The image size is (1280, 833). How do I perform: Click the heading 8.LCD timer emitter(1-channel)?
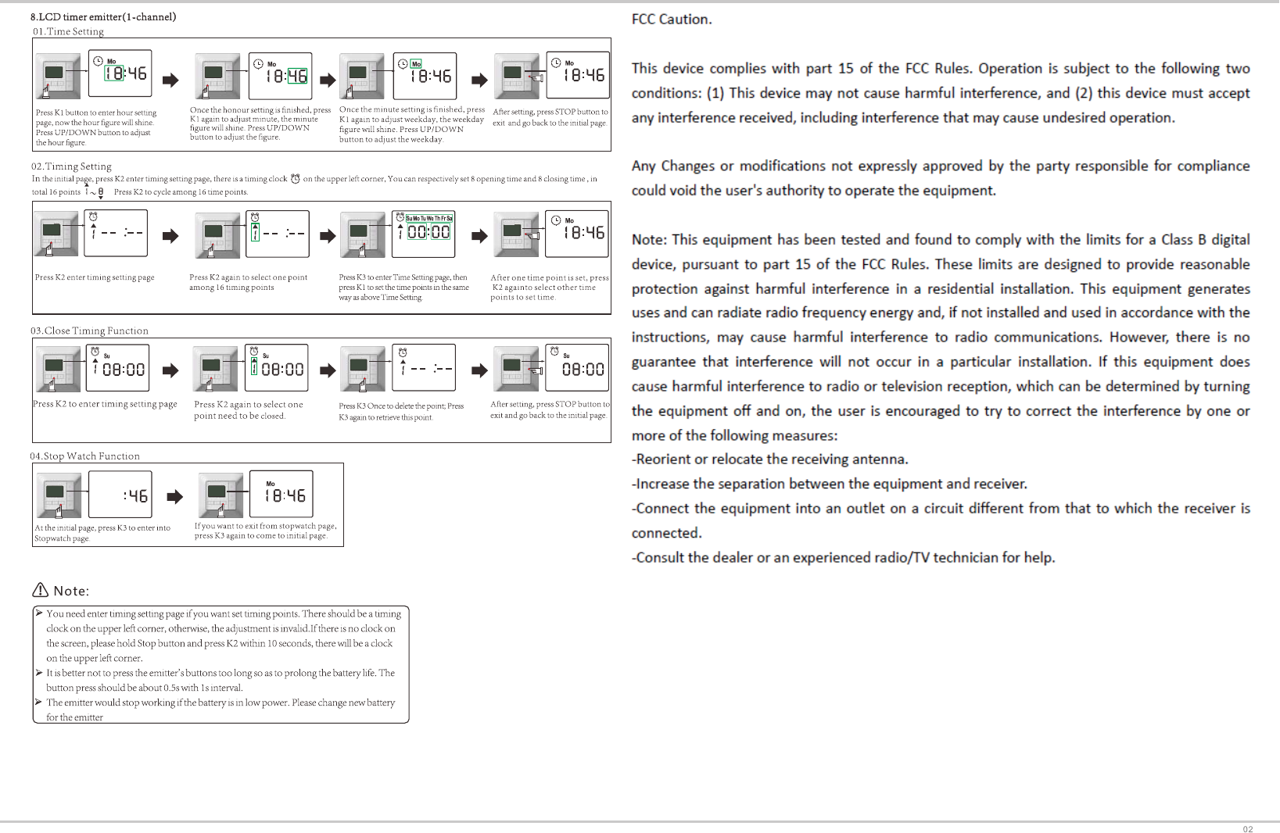[103, 16]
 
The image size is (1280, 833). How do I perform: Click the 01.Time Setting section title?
[68, 31]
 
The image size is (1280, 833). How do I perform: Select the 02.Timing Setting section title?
[71, 166]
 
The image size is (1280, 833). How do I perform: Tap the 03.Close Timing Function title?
[89, 331]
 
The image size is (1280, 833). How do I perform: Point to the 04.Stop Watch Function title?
[84, 456]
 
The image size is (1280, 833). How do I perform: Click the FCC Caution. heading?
[672, 19]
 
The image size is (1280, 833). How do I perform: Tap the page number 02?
[1247, 829]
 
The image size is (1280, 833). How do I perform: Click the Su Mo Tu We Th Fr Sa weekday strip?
[428, 219]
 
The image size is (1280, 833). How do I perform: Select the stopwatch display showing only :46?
[120, 495]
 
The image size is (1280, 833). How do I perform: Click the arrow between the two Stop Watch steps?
[175, 496]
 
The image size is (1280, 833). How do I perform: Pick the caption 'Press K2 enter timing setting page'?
[95, 277]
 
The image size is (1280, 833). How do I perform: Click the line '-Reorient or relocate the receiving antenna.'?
[769, 459]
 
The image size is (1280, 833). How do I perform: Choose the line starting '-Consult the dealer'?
[843, 557]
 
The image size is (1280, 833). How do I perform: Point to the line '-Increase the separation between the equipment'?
[829, 484]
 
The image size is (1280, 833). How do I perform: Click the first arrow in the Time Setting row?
[170, 80]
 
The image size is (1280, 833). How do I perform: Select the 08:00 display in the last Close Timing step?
[583, 369]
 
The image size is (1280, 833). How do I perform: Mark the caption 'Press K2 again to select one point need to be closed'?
[248, 410]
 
